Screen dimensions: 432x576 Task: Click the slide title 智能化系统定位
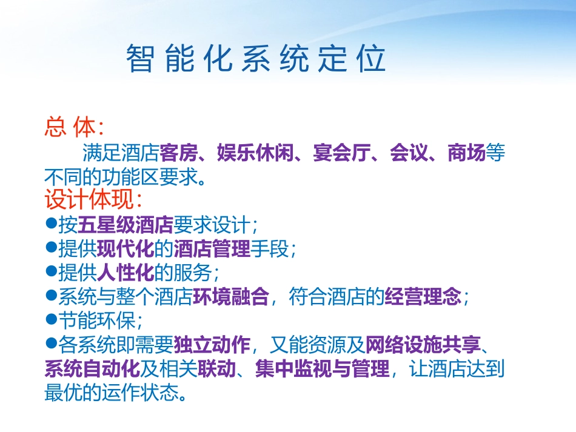(x=256, y=59)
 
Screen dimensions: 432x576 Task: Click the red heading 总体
(x=73, y=127)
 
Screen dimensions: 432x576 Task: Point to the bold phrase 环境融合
(x=230, y=297)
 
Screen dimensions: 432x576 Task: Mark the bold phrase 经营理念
(x=423, y=297)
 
